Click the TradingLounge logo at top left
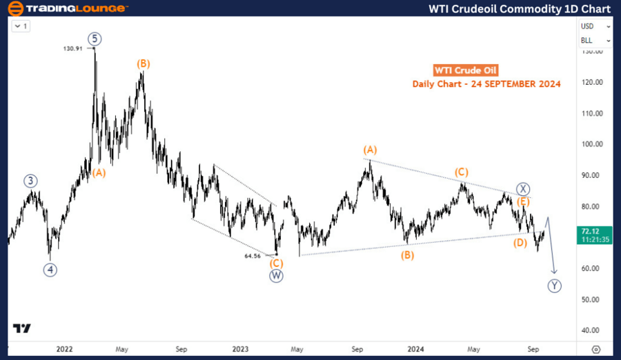pyautogui.click(x=66, y=9)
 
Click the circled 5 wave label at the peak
pyautogui.click(x=93, y=38)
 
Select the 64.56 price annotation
pyautogui.click(x=253, y=256)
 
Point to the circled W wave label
pyautogui.click(x=277, y=276)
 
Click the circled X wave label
pyautogui.click(x=524, y=189)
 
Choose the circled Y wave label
pyautogui.click(x=554, y=286)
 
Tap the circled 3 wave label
pyautogui.click(x=30, y=181)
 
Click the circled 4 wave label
pyautogui.click(x=50, y=270)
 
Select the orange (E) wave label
pyautogui.click(x=524, y=201)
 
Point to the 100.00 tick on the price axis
pyautogui.click(x=593, y=144)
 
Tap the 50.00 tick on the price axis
pyautogui.click(x=593, y=299)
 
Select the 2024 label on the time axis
pyautogui.click(x=415, y=349)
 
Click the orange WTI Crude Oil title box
pyautogui.click(x=465, y=70)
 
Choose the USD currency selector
pyautogui.click(x=591, y=26)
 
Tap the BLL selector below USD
pyautogui.click(x=591, y=40)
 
